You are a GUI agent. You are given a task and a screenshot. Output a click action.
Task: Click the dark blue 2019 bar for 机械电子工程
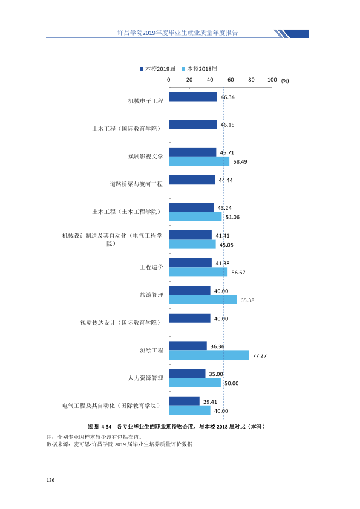(x=193, y=97)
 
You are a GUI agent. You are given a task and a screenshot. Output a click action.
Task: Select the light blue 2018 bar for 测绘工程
(x=209, y=355)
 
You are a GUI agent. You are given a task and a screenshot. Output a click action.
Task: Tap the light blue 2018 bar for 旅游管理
(x=203, y=300)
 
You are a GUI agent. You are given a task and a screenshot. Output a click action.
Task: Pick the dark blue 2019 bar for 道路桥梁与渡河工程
(x=192, y=180)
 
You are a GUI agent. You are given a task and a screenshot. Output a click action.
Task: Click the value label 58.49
(x=240, y=161)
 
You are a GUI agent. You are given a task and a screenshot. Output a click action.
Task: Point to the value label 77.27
(x=260, y=356)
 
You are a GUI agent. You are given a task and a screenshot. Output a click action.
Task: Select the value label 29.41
(x=210, y=402)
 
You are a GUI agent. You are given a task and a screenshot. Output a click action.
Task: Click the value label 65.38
(x=247, y=300)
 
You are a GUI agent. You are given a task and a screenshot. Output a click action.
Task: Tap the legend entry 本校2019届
(x=157, y=69)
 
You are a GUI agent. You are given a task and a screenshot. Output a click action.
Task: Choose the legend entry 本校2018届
(x=200, y=69)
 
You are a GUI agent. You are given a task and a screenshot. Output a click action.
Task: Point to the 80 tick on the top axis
(x=251, y=80)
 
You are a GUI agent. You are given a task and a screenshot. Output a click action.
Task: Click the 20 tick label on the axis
(x=189, y=80)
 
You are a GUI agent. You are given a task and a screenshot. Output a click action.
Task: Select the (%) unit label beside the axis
(x=285, y=81)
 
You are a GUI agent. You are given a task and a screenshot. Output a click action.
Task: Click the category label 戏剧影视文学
(x=146, y=157)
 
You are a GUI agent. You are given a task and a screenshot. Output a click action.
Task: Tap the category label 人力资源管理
(x=146, y=378)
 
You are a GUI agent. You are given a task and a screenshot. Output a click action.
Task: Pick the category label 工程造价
(x=151, y=267)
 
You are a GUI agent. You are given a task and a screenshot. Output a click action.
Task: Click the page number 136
(x=50, y=480)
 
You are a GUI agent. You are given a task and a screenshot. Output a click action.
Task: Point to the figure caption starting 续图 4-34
(x=176, y=427)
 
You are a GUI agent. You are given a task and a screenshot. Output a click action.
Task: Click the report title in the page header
(x=177, y=33)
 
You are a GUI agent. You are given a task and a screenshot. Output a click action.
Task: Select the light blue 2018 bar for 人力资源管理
(x=195, y=383)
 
